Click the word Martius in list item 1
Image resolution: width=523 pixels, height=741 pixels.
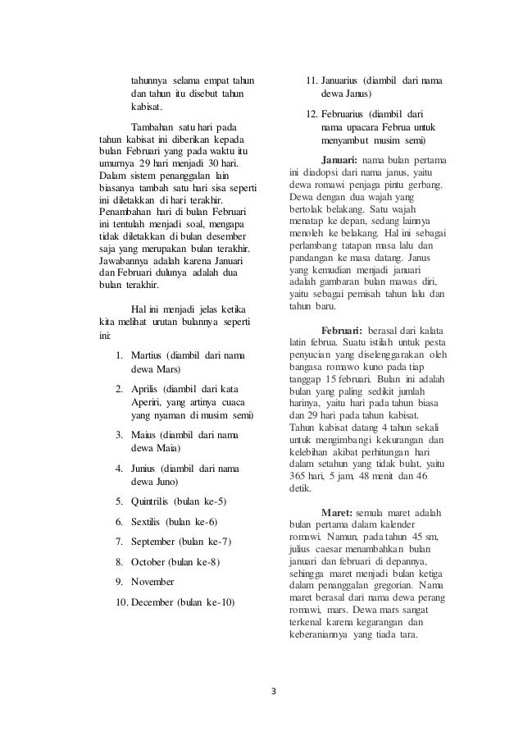click(x=147, y=354)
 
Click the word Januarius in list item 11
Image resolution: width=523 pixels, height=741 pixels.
click(x=344, y=81)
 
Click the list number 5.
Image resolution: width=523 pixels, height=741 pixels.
click(x=119, y=501)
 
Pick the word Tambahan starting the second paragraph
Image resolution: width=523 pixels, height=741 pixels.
click(x=153, y=127)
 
